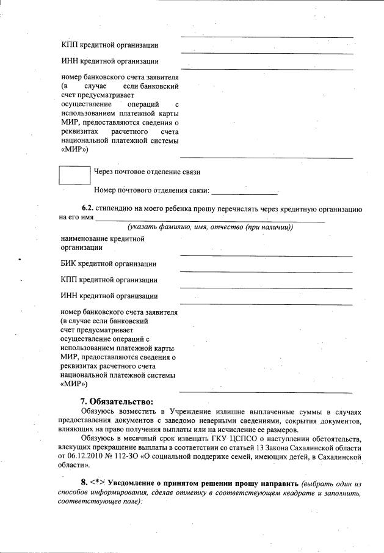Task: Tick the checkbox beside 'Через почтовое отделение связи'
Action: point(74,175)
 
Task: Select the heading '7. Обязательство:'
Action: point(117,401)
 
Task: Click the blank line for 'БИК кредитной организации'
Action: point(266,271)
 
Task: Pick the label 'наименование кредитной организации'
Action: point(103,243)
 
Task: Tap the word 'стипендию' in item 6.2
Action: point(123,209)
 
